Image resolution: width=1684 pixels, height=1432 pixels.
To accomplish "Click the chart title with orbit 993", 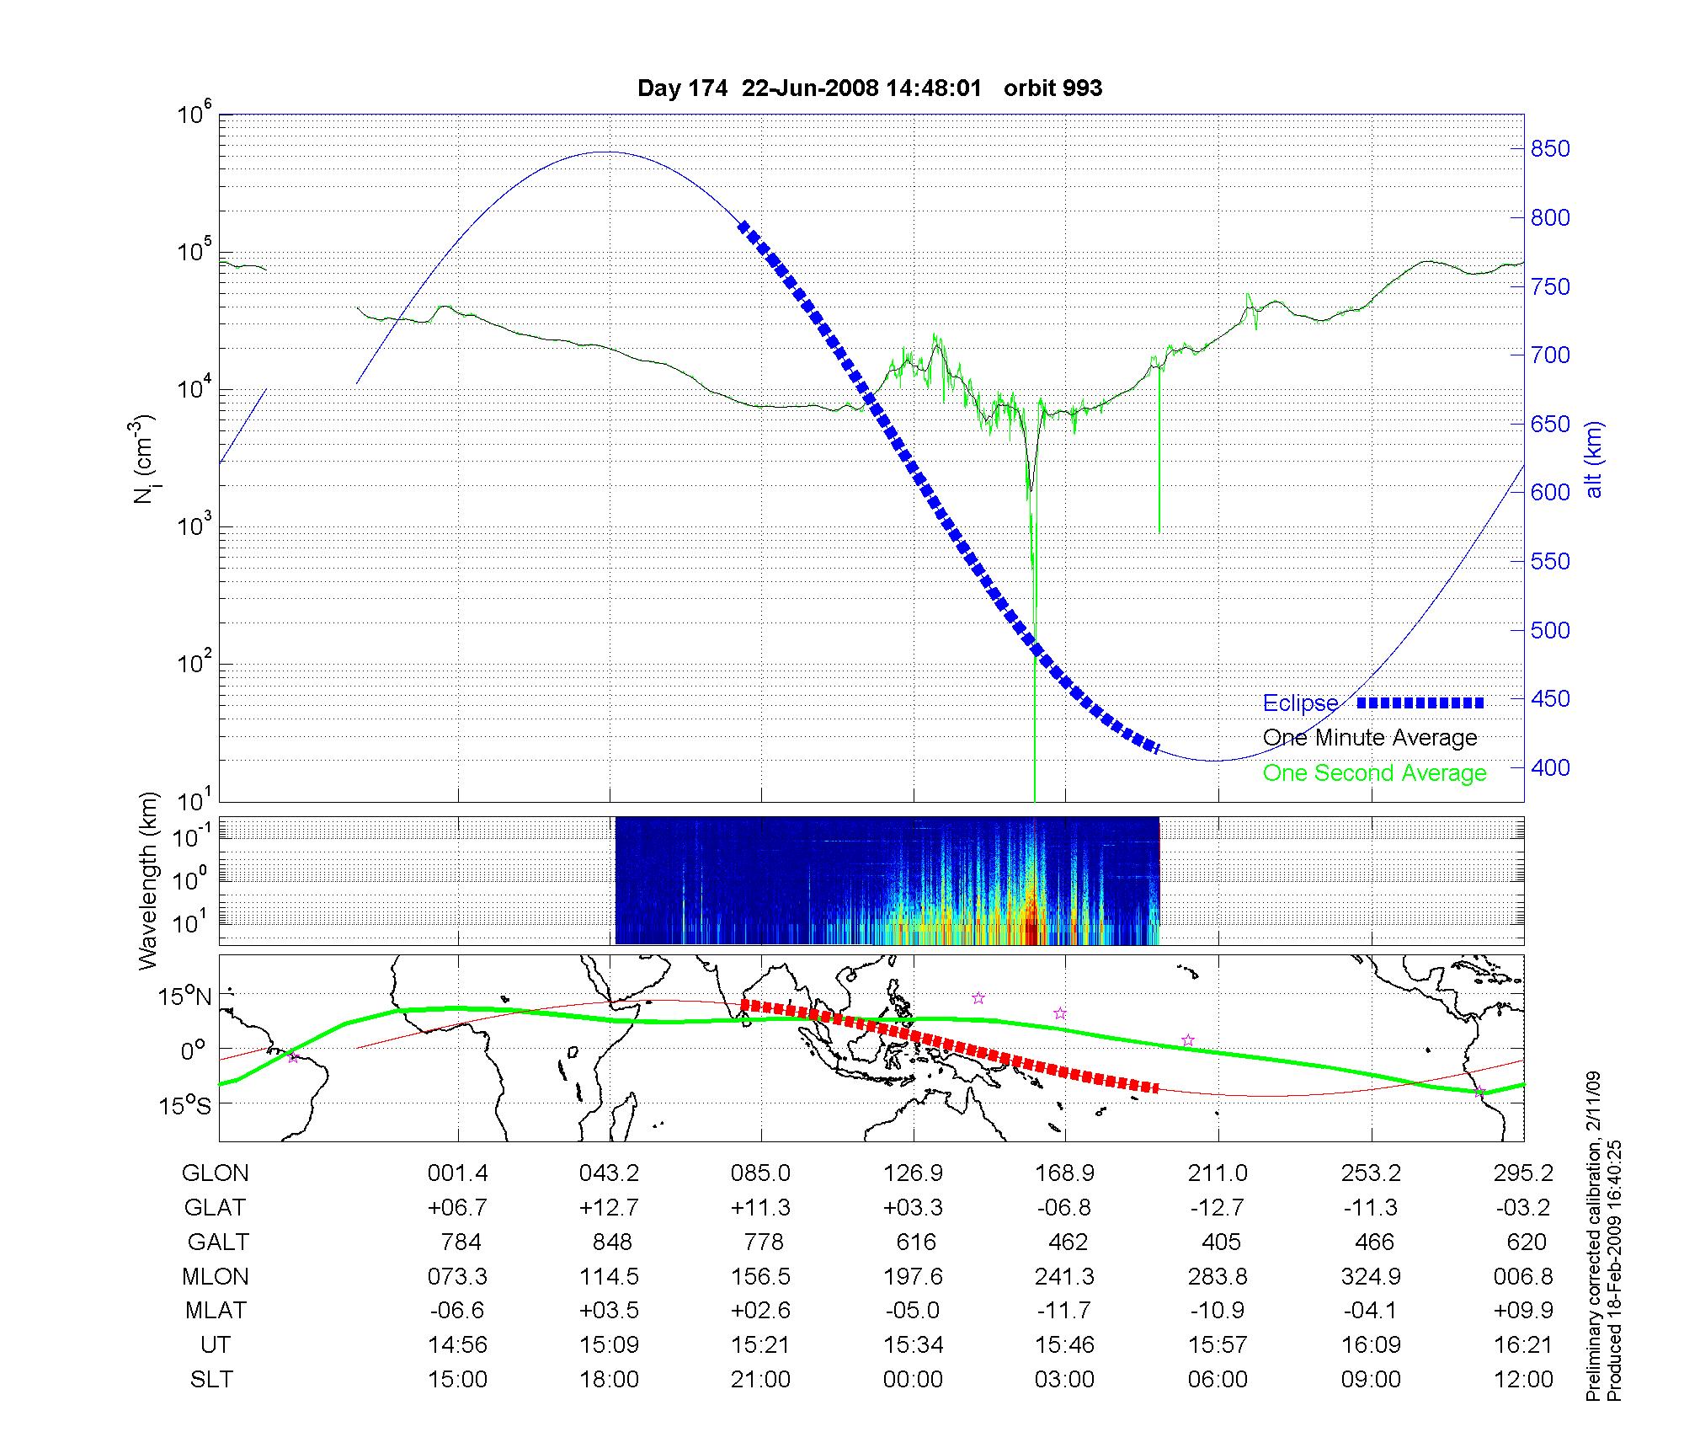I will point(869,88).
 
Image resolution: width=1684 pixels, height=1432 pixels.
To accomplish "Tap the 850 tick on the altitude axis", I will point(1550,149).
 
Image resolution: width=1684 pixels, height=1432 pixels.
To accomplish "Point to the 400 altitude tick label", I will point(1550,767).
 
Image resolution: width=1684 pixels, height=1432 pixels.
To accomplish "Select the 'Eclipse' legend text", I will point(1300,703).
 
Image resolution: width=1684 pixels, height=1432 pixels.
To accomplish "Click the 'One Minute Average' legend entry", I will point(1370,738).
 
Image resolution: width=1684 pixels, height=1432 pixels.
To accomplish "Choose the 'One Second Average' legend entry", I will point(1374,773).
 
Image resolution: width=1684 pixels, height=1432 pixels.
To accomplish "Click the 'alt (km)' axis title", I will point(1594,460).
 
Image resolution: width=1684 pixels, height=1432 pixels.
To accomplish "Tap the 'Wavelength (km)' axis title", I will point(149,880).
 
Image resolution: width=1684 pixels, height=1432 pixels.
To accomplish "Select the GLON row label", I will point(216,1173).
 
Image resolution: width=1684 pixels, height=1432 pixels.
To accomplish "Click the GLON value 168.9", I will point(1065,1173).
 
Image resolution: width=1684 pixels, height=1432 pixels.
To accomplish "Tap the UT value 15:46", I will point(1065,1344).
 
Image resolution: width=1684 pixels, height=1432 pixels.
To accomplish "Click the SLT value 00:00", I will point(914,1379).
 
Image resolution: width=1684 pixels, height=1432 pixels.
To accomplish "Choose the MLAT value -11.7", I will point(1065,1311).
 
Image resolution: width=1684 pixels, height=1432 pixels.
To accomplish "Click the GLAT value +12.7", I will point(609,1207).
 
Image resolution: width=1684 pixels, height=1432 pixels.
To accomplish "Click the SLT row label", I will point(211,1379).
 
